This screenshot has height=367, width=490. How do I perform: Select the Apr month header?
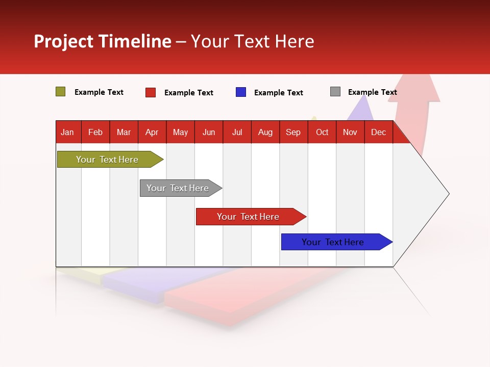click(x=152, y=132)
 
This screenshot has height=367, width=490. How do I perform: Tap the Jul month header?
click(x=237, y=132)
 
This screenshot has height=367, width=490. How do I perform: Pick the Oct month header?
click(x=322, y=132)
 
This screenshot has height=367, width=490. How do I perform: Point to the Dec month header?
click(x=379, y=132)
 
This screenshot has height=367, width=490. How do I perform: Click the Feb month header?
click(x=95, y=132)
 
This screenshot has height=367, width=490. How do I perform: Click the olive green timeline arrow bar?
click(x=110, y=160)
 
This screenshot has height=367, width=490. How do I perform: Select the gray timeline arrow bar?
click(x=181, y=188)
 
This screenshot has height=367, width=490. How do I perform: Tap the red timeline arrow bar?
click(x=251, y=217)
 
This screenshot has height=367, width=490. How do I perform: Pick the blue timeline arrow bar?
click(x=337, y=242)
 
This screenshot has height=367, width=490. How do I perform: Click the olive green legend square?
click(x=60, y=92)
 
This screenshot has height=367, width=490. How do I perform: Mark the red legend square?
click(x=151, y=92)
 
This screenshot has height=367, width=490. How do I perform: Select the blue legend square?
click(x=241, y=92)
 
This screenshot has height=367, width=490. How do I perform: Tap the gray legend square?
click(x=335, y=92)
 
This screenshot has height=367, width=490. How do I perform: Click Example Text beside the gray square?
click(x=373, y=92)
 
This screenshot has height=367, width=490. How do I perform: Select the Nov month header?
click(x=350, y=132)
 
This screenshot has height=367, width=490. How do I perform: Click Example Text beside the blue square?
click(x=279, y=93)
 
